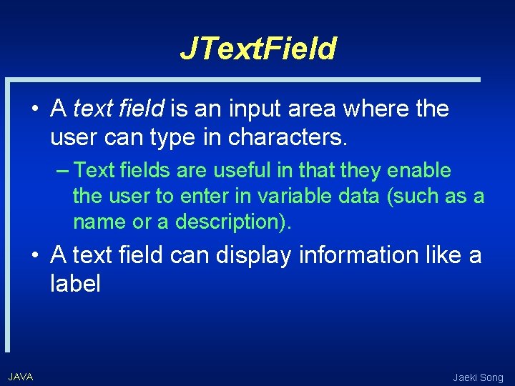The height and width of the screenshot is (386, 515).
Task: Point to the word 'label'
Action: (75, 284)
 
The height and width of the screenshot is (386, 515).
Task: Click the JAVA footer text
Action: (21, 377)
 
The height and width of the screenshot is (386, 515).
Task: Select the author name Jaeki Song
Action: (479, 377)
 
